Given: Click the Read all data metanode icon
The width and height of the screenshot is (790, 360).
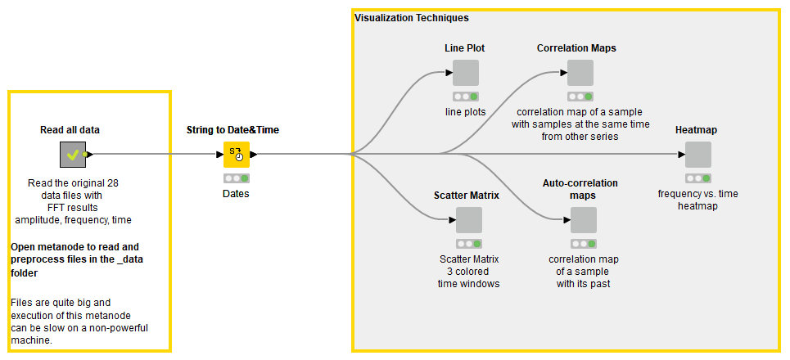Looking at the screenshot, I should point(73,154).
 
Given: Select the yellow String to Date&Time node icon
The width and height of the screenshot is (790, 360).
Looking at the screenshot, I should point(236,154).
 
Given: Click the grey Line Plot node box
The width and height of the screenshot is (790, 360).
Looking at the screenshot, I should point(465,73).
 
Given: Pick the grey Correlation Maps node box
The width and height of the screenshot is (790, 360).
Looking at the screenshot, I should point(580,73).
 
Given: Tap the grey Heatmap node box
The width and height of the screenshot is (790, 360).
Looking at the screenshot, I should point(697,155).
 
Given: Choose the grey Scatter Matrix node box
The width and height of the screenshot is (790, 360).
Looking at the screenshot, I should point(468,220).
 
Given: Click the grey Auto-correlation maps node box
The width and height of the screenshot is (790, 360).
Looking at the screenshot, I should point(583,220).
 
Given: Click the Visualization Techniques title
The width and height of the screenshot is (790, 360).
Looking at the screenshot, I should point(411,17).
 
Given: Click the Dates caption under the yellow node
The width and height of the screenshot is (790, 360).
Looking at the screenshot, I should point(236,194).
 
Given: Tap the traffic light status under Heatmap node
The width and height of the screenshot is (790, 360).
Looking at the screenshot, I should point(697,178).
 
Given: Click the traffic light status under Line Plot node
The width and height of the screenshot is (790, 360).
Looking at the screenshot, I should point(465,96).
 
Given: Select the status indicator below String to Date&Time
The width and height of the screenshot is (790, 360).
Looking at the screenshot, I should point(236,178).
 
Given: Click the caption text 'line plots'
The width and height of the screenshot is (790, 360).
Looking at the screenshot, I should point(465,112).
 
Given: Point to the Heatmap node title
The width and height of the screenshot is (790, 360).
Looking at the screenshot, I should point(697,130).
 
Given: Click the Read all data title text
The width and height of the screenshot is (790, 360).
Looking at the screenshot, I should point(70,130).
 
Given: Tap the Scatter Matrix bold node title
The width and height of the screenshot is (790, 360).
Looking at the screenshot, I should point(467,196).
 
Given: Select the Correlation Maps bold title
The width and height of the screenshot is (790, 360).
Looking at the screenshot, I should point(576,48).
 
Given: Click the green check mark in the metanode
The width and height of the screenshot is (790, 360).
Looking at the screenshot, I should point(72,154).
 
